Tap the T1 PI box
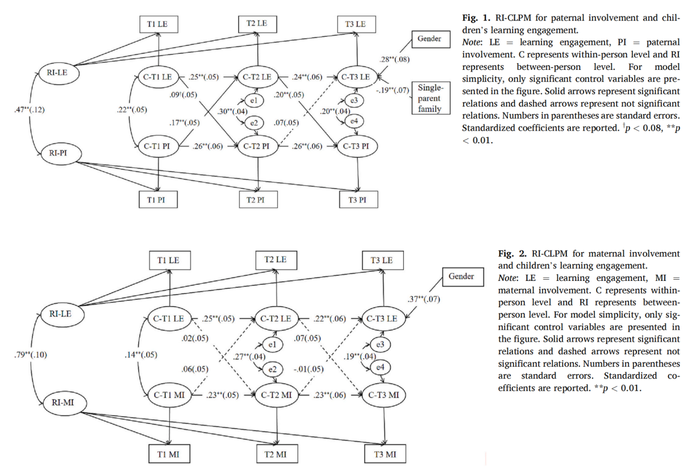tap(158, 199)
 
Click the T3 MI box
tap(384, 455)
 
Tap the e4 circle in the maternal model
tap(378, 367)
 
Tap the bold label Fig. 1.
tap(473, 18)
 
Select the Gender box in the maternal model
tap(461, 276)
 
